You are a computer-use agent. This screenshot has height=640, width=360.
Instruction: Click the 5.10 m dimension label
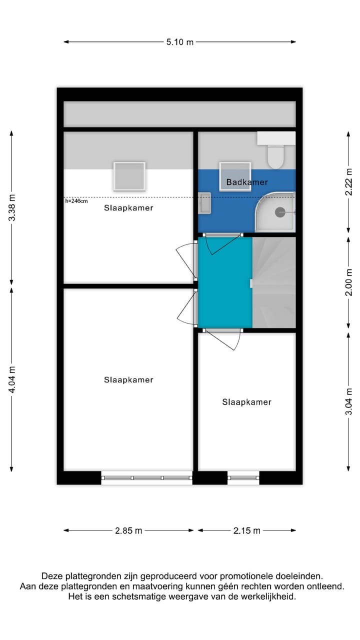pos(180,42)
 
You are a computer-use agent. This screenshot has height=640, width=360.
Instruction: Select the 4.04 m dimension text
pos(11,379)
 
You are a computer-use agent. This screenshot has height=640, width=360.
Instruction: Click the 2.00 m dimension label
pos(348,283)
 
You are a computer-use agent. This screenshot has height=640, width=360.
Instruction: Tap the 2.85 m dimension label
pos(128,530)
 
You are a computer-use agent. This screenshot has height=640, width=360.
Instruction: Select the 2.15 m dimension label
pos(247,530)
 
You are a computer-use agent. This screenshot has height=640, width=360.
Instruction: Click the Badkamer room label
pos(247,182)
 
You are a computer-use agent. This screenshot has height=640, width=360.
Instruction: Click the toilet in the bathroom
pos(275,155)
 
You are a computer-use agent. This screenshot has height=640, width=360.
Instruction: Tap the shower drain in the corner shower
pos(280,212)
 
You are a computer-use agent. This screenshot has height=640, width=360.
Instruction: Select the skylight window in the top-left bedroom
pos(129,176)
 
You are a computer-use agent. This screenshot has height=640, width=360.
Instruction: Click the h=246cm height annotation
pos(76,201)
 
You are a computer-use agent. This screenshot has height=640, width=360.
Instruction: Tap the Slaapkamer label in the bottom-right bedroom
pos(247,402)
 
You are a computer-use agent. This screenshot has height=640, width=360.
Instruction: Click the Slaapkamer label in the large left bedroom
pos(128,380)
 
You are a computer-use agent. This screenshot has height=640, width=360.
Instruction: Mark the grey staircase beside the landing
pos(274,282)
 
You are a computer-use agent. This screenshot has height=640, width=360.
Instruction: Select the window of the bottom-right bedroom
pos(243,478)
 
